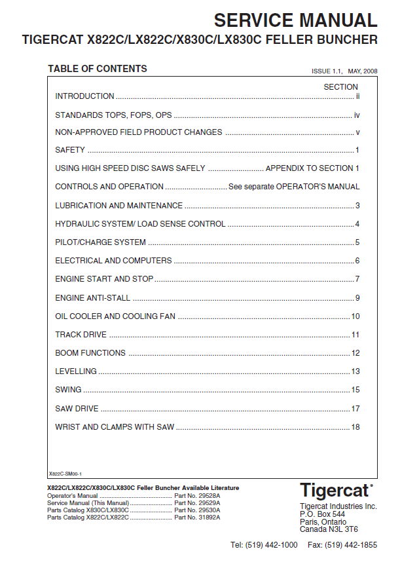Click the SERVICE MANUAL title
click(x=295, y=20)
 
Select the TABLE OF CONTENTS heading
click(x=98, y=69)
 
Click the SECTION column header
click(x=340, y=86)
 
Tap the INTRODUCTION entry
click(x=84, y=96)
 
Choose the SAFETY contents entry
click(x=70, y=150)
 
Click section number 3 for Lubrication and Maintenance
click(x=357, y=206)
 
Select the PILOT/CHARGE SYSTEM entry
click(x=100, y=242)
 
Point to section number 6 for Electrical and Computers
click(x=357, y=261)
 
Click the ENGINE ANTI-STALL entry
click(x=92, y=298)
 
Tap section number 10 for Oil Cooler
click(x=355, y=316)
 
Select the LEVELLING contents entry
click(x=76, y=371)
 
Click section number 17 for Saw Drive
click(x=355, y=409)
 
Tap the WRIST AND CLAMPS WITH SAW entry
click(x=115, y=427)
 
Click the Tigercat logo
click(x=336, y=491)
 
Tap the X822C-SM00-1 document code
click(x=65, y=473)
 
